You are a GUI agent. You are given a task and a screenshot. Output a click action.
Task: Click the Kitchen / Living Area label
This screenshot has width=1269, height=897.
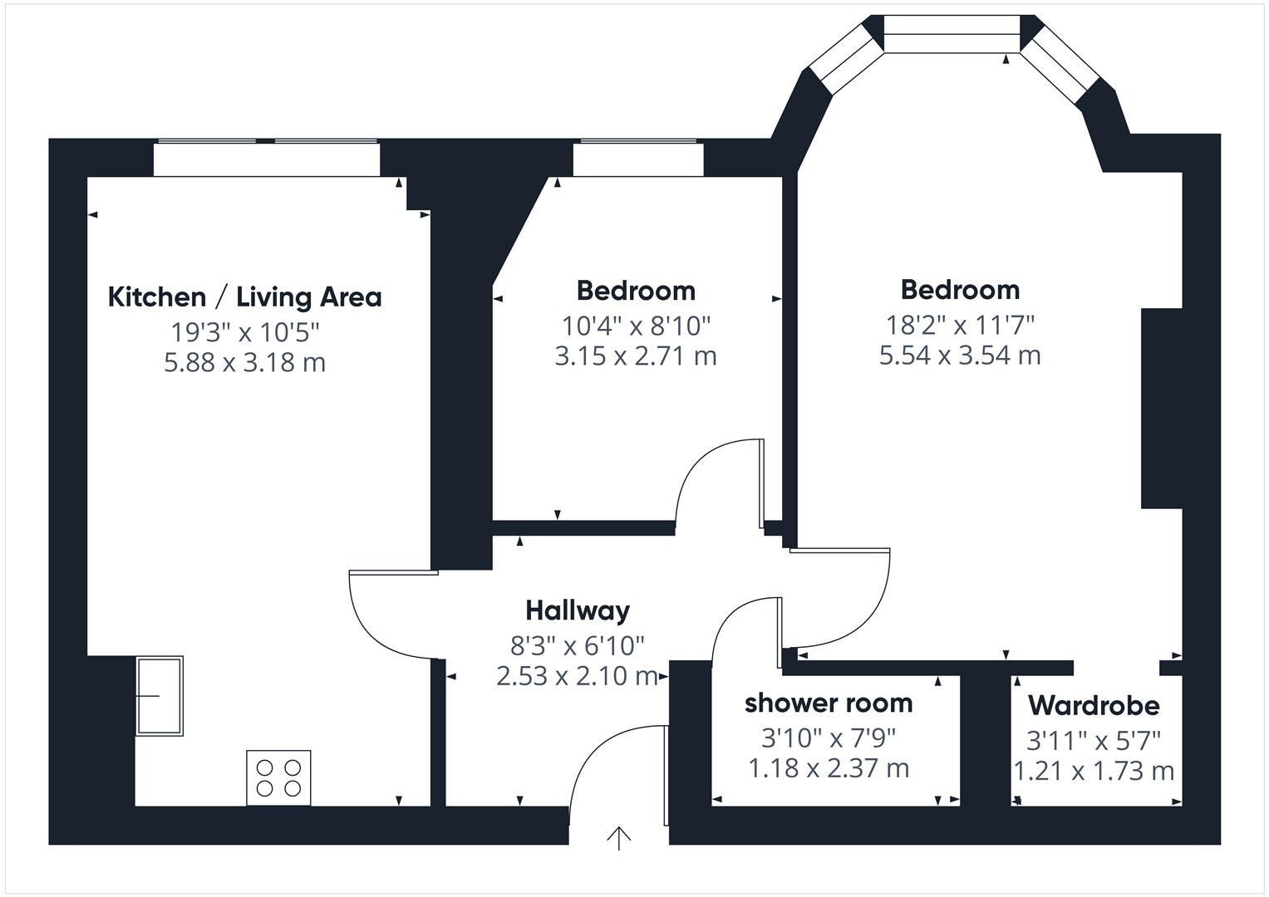coord(244,297)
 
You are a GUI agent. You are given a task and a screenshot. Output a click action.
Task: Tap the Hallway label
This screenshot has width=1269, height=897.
coord(578,610)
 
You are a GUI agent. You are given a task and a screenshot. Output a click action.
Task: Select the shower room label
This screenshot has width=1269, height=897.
coord(829,703)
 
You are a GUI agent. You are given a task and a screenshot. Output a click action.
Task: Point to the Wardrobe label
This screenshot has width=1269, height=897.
coord(1094,706)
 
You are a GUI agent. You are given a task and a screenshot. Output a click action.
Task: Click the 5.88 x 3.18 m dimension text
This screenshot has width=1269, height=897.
coord(244,362)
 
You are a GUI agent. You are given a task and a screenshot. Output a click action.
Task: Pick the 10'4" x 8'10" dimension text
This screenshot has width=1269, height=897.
coord(636,326)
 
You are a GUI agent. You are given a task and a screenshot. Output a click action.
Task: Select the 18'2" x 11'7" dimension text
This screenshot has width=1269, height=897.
coord(960,326)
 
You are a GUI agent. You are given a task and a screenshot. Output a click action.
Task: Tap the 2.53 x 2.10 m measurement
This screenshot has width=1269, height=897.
coord(578,675)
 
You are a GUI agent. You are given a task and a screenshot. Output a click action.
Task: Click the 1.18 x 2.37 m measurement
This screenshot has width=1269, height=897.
coord(829,768)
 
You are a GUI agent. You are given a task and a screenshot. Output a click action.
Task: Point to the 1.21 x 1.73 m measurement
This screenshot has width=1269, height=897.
coord(1094,772)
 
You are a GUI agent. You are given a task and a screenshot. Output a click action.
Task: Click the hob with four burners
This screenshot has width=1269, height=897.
coord(278,777)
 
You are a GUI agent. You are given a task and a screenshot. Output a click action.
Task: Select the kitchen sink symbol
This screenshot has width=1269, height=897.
coord(160,696)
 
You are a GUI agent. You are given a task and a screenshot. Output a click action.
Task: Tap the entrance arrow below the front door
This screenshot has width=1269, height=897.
coord(618,838)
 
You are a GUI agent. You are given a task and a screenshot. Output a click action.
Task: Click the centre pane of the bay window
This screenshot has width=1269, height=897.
coord(952,34)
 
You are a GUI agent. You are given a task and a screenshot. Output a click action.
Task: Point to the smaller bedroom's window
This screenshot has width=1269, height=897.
coord(638,159)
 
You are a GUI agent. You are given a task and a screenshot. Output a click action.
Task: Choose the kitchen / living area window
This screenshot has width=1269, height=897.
coord(267,159)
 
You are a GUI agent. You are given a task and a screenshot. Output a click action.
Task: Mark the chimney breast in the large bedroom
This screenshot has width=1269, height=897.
coord(1161,409)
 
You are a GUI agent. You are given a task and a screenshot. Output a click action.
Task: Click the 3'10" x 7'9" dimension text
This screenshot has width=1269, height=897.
coord(829,738)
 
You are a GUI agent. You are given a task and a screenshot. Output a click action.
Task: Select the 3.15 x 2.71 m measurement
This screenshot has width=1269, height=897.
coord(636,356)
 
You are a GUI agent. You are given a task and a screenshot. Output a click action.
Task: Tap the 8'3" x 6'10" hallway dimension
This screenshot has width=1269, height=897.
coord(578,645)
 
